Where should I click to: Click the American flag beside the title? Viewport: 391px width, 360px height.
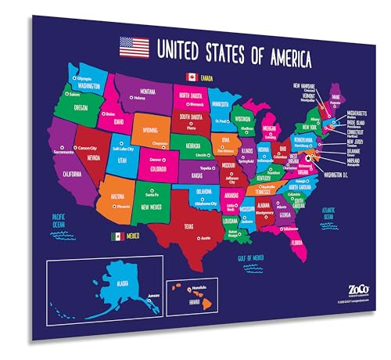coord(134,48)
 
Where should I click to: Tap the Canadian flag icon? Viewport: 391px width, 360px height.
coord(189,77)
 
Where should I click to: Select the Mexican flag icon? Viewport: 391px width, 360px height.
coord(117,235)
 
